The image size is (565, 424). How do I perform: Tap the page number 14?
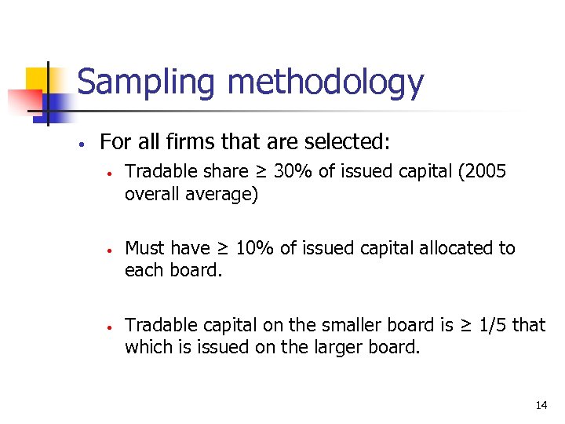541,405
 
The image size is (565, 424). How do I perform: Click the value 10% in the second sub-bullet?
254,248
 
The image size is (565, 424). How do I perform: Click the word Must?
145,248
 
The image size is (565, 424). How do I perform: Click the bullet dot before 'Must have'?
111,250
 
